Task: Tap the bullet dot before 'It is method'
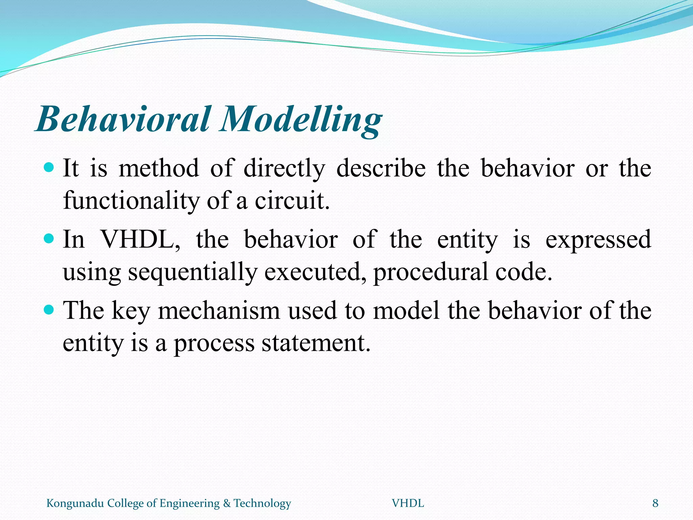tap(49, 167)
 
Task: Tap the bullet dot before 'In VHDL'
tap(49, 239)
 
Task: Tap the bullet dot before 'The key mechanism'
tap(49, 309)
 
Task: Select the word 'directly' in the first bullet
tap(284, 169)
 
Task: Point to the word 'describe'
tap(381, 169)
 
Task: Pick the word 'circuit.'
tap(292, 201)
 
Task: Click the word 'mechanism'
tap(219, 311)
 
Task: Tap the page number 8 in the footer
tap(655, 503)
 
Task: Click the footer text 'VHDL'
tap(408, 503)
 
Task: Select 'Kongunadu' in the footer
tap(75, 504)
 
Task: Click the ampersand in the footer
tap(226, 503)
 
